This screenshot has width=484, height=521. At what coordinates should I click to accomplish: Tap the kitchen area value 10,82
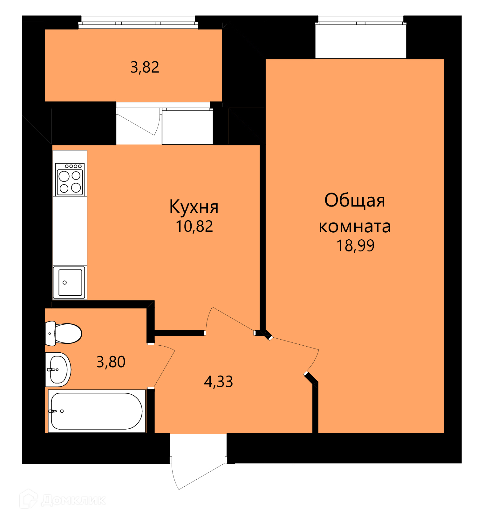pyautogui.click(x=194, y=226)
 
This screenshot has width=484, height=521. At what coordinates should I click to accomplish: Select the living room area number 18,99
pyautogui.click(x=355, y=246)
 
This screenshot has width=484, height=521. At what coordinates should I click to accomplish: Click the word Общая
pyautogui.click(x=355, y=201)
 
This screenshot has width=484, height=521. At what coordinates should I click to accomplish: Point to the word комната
pyautogui.click(x=355, y=227)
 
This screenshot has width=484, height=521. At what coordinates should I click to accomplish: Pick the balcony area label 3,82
pyautogui.click(x=145, y=67)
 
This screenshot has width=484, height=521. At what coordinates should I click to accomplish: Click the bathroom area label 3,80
pyautogui.click(x=111, y=362)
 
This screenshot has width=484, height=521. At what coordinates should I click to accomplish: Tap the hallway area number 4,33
pyautogui.click(x=218, y=382)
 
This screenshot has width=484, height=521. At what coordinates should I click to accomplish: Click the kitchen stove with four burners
pyautogui.click(x=70, y=180)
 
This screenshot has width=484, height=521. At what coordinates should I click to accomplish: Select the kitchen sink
pyautogui.click(x=69, y=282)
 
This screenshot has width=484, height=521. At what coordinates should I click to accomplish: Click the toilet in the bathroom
pyautogui.click(x=63, y=333)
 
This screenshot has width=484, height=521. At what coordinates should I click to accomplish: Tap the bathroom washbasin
pyautogui.click(x=58, y=370)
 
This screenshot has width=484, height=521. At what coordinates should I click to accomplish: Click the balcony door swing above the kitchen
pyautogui.click(x=138, y=122)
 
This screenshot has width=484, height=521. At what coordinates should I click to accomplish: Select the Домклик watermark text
pyautogui.click(x=73, y=500)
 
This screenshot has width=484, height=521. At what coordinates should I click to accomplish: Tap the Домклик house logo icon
pyautogui.click(x=29, y=499)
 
